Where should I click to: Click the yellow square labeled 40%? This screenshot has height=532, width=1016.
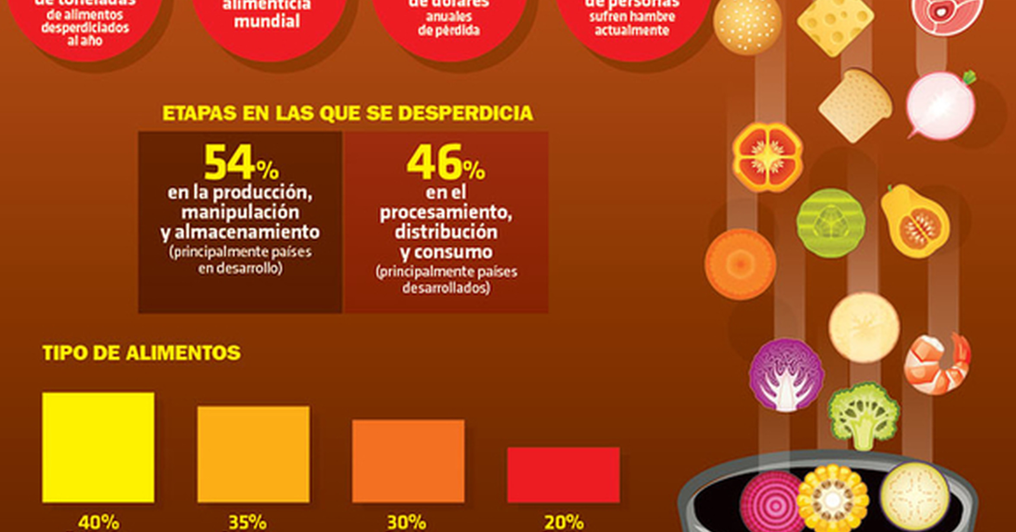(x=98, y=447)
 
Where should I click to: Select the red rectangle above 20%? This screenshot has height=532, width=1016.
(x=563, y=474)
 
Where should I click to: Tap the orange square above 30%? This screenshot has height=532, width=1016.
(x=408, y=461)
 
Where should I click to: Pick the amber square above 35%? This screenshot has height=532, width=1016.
(x=253, y=454)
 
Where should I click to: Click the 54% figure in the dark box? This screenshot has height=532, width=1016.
(x=240, y=163)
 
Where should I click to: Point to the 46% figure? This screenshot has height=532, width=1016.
(x=445, y=163)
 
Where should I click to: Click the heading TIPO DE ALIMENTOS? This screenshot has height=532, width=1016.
(x=141, y=353)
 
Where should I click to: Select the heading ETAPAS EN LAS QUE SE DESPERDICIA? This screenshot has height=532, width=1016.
(x=348, y=113)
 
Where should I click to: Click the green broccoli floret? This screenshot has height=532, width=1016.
(x=863, y=415)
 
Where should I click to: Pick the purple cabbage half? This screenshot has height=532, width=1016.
(x=786, y=374)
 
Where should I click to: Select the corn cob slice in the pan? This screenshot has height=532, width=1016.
(x=832, y=500)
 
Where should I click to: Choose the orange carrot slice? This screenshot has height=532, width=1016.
(x=740, y=264)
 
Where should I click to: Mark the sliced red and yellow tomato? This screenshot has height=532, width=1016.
(x=767, y=157)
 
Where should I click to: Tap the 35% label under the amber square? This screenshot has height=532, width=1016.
(x=248, y=522)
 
